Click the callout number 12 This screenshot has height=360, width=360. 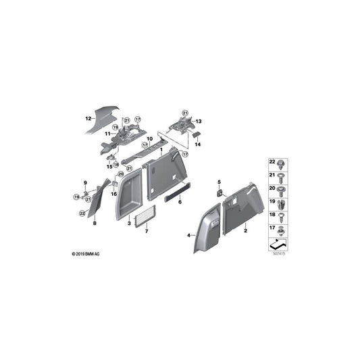(87, 118)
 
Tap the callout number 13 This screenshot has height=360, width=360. (199, 122)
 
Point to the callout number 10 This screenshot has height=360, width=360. (150, 138)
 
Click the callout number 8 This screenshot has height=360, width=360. (95, 222)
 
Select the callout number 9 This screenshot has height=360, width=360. (86, 184)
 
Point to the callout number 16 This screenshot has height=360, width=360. (114, 194)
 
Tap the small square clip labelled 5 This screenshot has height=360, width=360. (219, 192)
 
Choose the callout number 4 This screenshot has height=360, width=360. (188, 234)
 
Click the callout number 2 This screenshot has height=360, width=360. (245, 231)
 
